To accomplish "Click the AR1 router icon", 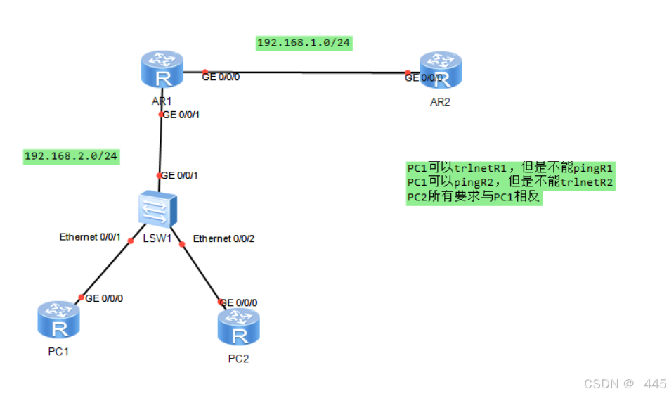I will click(162, 70).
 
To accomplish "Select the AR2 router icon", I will click(441, 72).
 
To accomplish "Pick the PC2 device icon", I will click(239, 327).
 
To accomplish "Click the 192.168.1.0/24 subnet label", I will click(304, 43).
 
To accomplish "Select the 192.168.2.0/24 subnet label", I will click(71, 155).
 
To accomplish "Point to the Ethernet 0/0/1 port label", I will click(91, 237).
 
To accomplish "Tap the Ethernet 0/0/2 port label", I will click(223, 238).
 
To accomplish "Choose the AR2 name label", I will click(440, 102).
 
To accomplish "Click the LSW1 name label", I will click(157, 238).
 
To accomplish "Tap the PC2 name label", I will click(239, 359).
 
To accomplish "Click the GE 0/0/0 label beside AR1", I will click(221, 77).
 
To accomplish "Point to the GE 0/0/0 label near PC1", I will click(104, 298).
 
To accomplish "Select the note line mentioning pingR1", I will click(511, 168).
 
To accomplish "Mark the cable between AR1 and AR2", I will click(306, 72).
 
